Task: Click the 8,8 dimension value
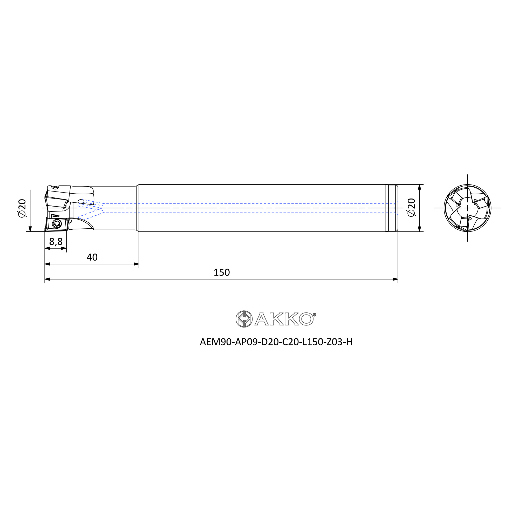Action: click(56, 242)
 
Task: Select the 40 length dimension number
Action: click(92, 257)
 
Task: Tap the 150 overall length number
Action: click(222, 272)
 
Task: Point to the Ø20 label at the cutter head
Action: click(22, 208)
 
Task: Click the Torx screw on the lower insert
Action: click(57, 223)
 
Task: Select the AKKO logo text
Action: click(284, 319)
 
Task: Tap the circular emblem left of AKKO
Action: click(244, 319)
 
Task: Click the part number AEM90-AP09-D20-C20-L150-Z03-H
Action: click(276, 342)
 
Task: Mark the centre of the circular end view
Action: click(467, 208)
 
